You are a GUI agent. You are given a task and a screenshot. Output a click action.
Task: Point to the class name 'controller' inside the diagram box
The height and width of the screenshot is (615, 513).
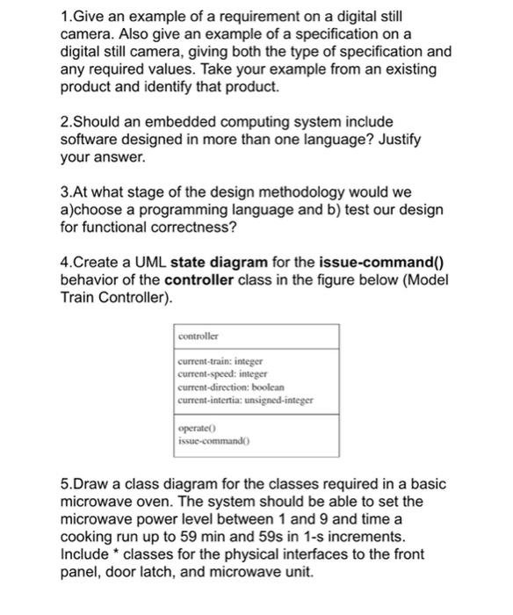[x=198, y=336]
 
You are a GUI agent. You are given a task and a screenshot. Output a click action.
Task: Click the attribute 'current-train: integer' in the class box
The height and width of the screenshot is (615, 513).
[x=220, y=360]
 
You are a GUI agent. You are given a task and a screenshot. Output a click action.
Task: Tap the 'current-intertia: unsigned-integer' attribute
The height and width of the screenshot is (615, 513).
[x=245, y=400]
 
